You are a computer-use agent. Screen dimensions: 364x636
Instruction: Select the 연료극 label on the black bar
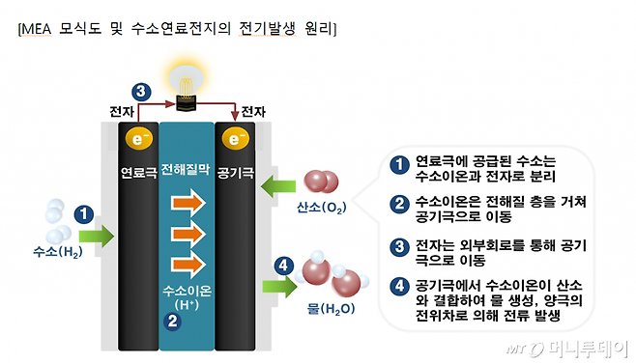(136, 176)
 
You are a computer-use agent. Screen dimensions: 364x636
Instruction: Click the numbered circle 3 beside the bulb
(142, 93)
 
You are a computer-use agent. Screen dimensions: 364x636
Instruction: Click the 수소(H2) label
(55, 252)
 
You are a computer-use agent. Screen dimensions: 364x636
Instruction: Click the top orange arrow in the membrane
(187, 203)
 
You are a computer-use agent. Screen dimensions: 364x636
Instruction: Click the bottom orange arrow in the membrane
(187, 263)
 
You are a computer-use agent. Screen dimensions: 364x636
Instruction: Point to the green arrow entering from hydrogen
(97, 234)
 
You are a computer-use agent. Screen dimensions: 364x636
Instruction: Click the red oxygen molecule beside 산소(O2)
(322, 184)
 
